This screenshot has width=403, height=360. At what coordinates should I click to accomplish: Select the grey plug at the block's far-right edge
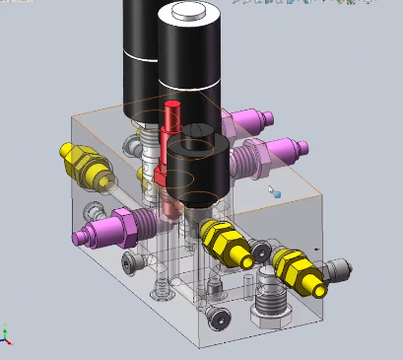click(338, 269)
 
